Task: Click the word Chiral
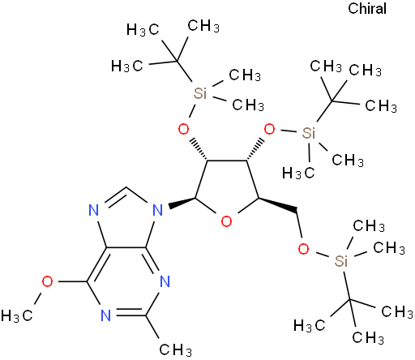pos(367,8)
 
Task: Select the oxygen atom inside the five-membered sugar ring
pos(226,221)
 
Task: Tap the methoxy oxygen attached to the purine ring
pos(47,281)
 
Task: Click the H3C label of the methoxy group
pos(17,315)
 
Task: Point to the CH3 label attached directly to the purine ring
pos(176,349)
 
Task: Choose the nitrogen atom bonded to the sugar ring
pos(158,210)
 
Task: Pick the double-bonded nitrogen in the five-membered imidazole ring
pos(94,210)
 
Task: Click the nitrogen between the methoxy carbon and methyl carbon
pos(106,315)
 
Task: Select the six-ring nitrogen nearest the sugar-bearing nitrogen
pos(165,281)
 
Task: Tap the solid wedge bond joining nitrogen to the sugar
pos(182,203)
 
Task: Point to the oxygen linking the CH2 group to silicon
pos(303,249)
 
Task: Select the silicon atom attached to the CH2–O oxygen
pos(341,261)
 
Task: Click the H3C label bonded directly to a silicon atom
pos(298,173)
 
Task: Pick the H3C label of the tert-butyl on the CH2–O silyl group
pos(310,325)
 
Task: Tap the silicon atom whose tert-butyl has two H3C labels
pos(200,93)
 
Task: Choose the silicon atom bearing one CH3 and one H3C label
pos(309,133)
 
